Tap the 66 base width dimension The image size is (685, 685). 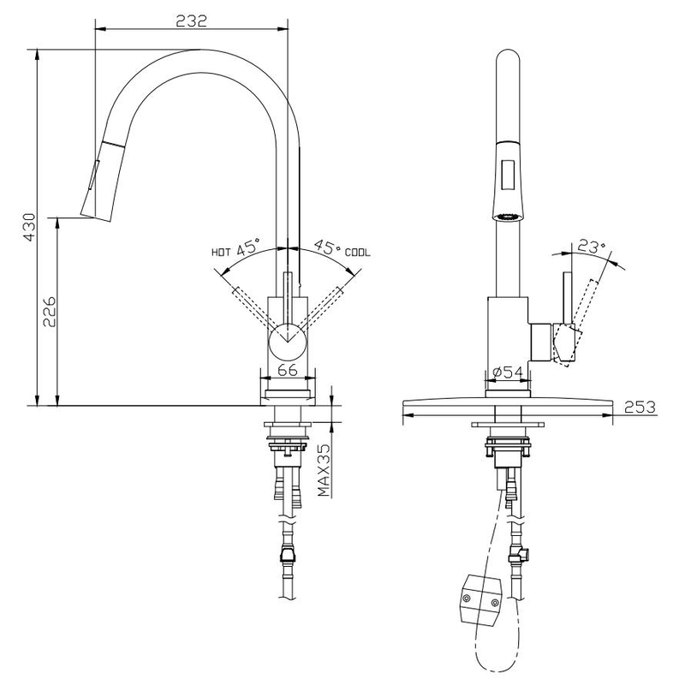[288, 370]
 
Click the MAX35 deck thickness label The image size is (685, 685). [325, 472]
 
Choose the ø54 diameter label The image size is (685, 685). [509, 372]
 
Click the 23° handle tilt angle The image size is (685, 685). [590, 247]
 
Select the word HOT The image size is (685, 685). [222, 253]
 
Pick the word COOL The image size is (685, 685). [358, 253]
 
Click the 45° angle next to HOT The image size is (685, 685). [248, 250]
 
